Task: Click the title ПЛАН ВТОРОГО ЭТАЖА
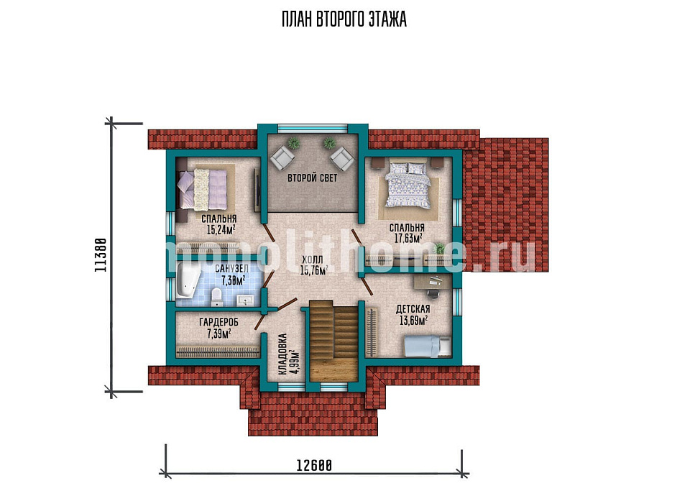click(x=344, y=19)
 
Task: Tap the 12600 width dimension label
click(x=314, y=465)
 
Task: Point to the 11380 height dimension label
click(x=101, y=255)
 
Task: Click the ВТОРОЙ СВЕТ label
click(x=313, y=178)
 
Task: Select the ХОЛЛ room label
click(x=313, y=259)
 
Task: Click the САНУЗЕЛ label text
click(x=232, y=269)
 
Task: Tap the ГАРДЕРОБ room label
click(x=218, y=323)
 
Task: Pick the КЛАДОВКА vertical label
click(x=282, y=354)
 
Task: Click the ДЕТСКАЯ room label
click(x=413, y=309)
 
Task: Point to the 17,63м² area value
click(x=408, y=238)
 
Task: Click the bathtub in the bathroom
click(x=188, y=281)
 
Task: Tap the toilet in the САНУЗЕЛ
click(x=216, y=297)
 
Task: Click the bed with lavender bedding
click(x=203, y=190)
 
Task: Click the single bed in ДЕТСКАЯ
click(x=427, y=346)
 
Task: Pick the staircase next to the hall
click(x=333, y=341)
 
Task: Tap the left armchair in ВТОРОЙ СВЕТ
click(x=282, y=158)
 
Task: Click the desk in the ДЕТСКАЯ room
click(x=433, y=281)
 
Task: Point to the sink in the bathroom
click(x=244, y=300)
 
